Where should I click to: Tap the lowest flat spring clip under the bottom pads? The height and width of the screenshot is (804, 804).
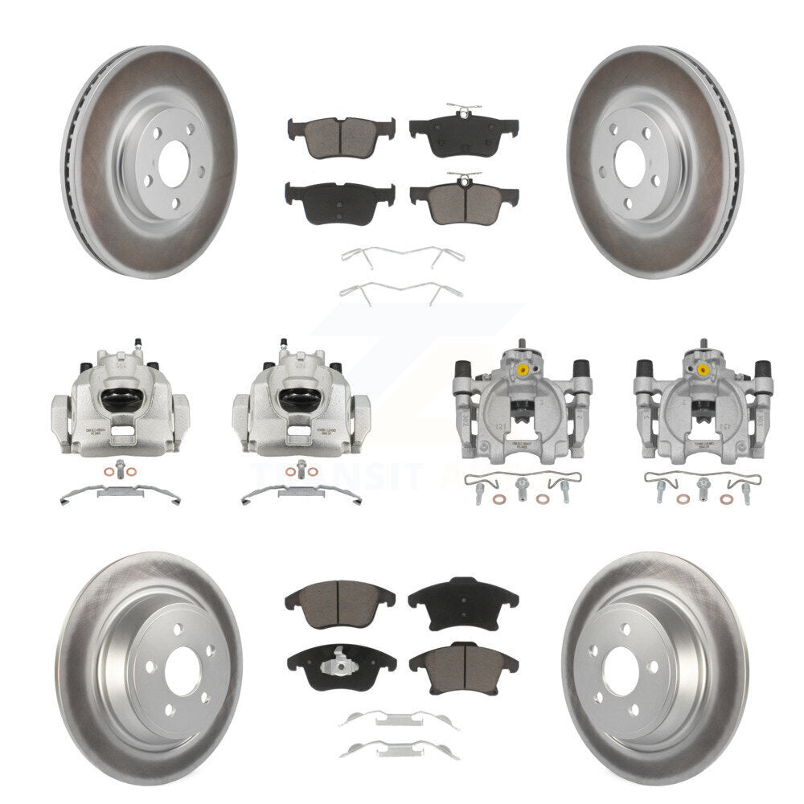pos(399,749)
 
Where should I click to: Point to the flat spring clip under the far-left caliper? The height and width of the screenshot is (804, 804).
pos(120,492)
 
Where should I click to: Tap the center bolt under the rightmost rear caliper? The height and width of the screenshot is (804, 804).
pos(703,486)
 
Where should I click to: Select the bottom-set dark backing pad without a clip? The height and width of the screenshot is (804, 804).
pos(463,596)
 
